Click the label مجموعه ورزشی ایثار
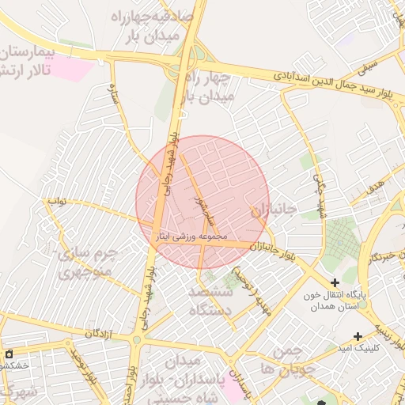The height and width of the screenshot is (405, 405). tap(192, 236)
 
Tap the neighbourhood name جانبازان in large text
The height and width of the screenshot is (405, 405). tap(273, 210)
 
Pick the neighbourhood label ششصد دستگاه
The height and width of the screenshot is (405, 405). tap(210, 301)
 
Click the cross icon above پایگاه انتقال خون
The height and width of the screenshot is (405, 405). tap(335, 282)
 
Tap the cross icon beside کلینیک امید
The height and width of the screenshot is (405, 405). tap(359, 336)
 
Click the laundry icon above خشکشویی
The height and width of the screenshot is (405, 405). tap(9, 354)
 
